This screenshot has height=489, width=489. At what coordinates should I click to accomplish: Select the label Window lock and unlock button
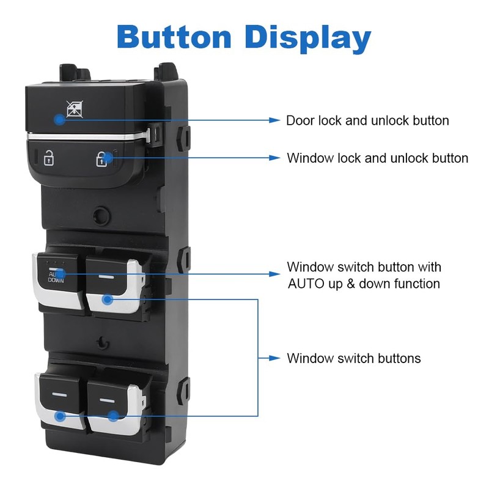378,158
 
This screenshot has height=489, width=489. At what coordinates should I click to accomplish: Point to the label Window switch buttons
354,358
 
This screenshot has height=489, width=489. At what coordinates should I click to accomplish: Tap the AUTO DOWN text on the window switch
55,278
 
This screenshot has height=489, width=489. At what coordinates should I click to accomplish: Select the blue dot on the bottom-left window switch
60,416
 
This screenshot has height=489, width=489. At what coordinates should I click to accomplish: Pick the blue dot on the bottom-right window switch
112,416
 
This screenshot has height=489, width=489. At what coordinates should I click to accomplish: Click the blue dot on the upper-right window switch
108,300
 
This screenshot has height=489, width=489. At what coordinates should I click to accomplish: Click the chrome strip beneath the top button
86,135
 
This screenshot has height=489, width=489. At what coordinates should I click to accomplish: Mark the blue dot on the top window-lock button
59,120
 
